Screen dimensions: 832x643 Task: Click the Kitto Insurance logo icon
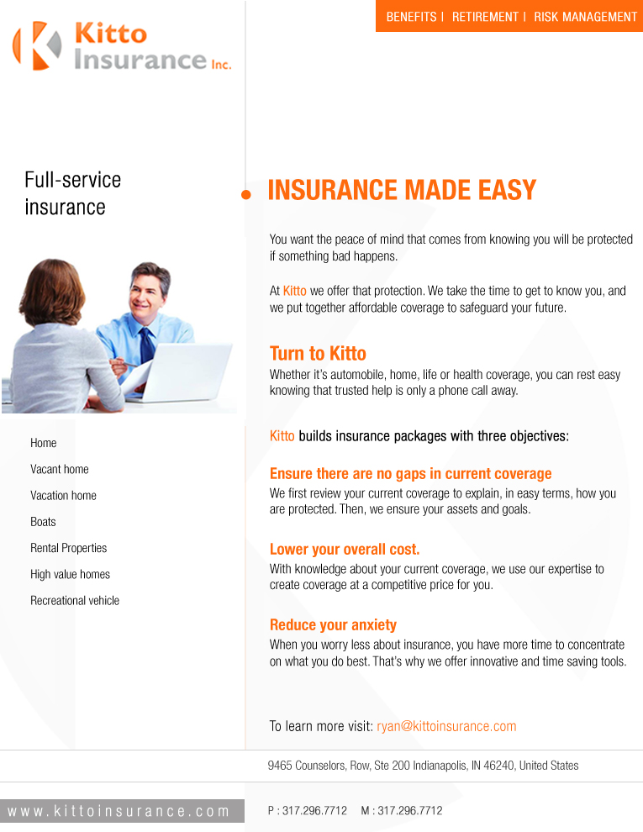tap(37, 45)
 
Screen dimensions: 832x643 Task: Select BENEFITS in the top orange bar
tap(411, 17)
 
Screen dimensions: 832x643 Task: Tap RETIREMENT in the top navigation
tap(485, 17)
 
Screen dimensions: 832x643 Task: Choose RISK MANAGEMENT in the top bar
tap(585, 17)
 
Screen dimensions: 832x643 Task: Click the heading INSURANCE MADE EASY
tap(401, 190)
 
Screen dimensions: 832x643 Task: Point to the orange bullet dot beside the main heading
tap(246, 195)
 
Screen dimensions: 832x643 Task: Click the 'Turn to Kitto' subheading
tap(318, 353)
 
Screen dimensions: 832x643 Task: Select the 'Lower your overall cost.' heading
tap(344, 550)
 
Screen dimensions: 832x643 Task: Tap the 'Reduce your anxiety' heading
tap(333, 625)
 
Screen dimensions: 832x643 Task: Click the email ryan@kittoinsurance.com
tap(446, 726)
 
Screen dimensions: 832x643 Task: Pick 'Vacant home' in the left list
tap(59, 469)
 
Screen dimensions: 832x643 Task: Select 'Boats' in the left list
tap(43, 522)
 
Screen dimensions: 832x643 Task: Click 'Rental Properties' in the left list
tap(68, 548)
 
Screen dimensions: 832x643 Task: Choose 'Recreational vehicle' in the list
tap(75, 601)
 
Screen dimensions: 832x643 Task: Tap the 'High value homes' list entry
tap(70, 575)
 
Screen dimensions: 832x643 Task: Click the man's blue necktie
tap(146, 345)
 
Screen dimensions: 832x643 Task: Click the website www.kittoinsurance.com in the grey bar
tap(119, 811)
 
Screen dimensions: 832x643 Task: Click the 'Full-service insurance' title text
tap(72, 193)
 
